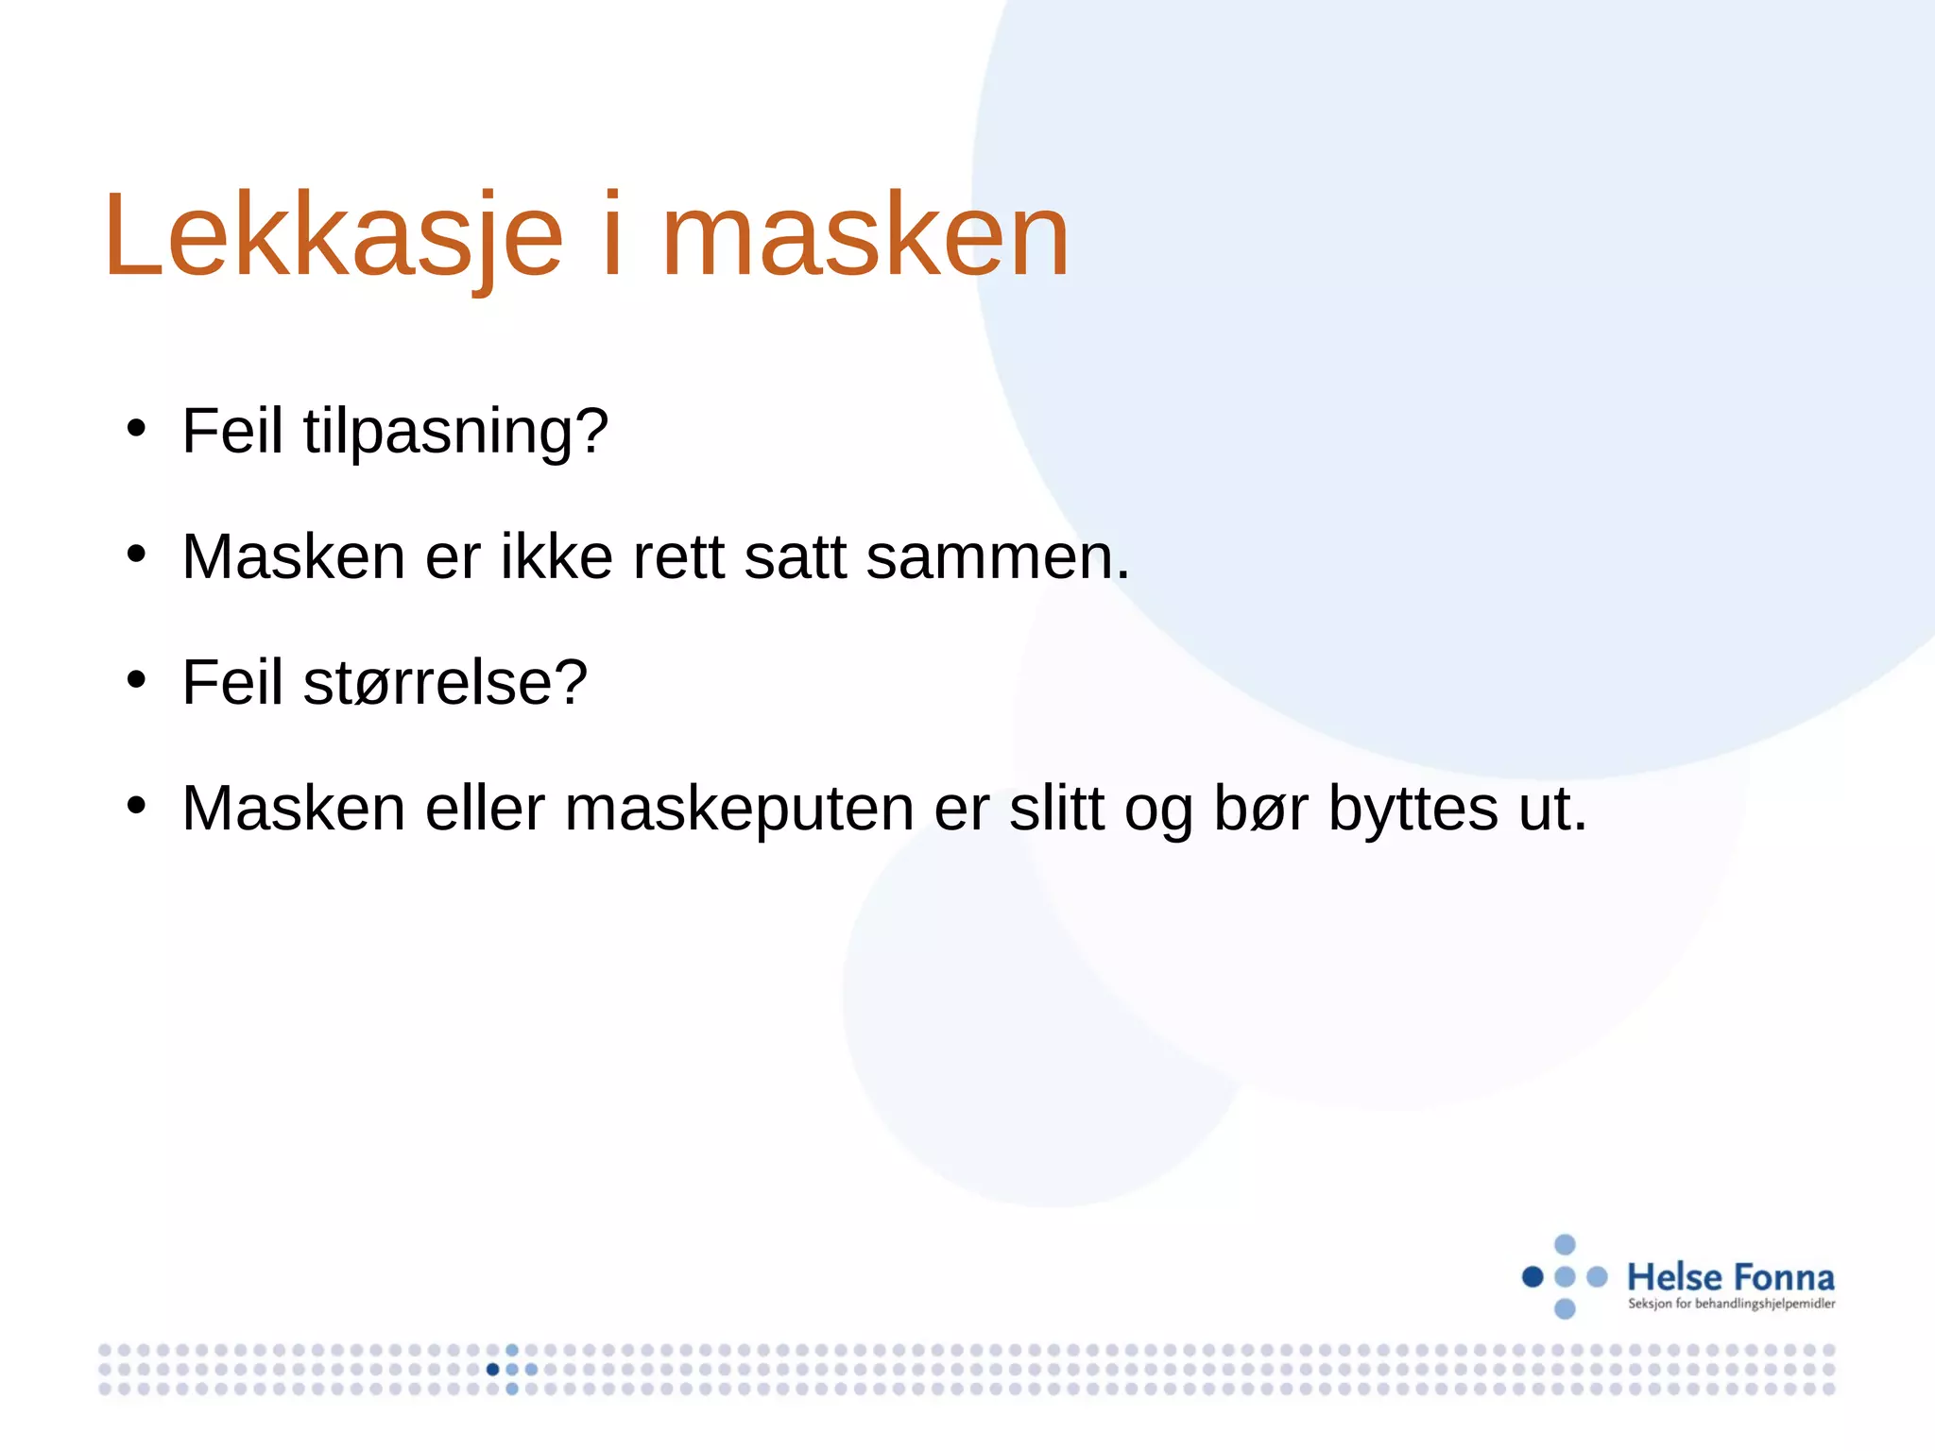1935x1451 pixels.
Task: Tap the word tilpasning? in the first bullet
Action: click(x=455, y=433)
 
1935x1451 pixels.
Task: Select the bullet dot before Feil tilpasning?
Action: click(x=137, y=428)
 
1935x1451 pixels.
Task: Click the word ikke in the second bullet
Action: click(x=556, y=557)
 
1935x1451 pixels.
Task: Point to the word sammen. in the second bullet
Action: click(x=998, y=557)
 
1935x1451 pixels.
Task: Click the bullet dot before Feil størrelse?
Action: click(x=137, y=679)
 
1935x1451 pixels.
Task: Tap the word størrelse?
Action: click(x=445, y=683)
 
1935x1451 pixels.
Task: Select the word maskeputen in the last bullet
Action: click(x=739, y=810)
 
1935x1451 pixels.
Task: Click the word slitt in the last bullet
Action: click(x=1056, y=810)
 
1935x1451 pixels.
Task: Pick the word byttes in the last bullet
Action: click(x=1413, y=810)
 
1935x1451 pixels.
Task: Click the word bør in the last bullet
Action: click(x=1260, y=810)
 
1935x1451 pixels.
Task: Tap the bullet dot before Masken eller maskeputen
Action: click(x=137, y=806)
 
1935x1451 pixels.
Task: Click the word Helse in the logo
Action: click(x=1674, y=1278)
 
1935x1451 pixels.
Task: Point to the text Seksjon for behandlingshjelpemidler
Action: click(x=1731, y=1305)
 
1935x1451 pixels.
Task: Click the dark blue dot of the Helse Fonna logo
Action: click(x=1533, y=1277)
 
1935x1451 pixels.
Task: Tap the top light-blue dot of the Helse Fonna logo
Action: click(x=1565, y=1244)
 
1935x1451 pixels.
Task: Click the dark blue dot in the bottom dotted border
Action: click(x=492, y=1370)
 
